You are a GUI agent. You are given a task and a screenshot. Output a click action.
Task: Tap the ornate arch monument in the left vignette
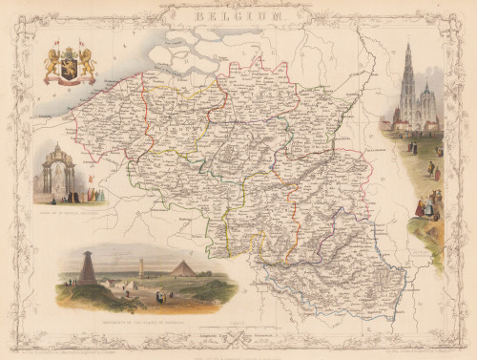click(x=60, y=172)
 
